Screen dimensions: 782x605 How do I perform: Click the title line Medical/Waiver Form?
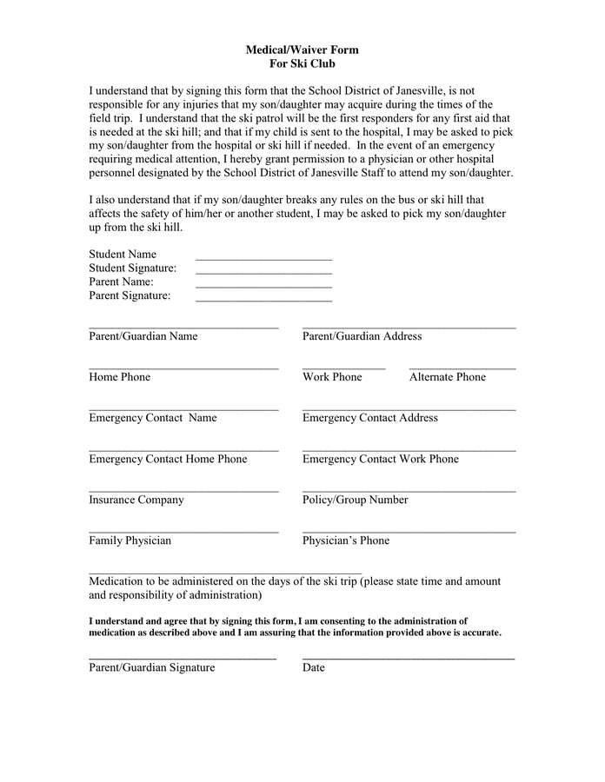(302, 50)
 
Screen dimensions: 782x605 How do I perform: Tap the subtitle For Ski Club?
(302, 64)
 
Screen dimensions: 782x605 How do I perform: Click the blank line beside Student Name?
(263, 258)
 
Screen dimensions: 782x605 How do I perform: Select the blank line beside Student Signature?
(263, 272)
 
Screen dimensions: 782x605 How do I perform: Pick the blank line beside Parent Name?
(263, 286)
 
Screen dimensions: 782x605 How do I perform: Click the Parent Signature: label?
(130, 295)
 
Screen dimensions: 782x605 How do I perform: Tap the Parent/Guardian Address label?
(362, 336)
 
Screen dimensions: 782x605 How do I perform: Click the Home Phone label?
(119, 377)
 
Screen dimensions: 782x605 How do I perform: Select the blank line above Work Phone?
(343, 368)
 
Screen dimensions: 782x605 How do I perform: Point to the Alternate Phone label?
(447, 377)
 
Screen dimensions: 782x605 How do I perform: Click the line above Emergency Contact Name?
(183, 409)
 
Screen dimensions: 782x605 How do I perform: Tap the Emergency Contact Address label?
(369, 418)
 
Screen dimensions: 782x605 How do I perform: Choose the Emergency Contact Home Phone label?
(168, 459)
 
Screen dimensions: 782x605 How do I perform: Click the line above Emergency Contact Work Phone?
(409, 450)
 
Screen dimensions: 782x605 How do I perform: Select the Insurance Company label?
(136, 500)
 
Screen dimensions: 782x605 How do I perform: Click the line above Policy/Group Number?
(409, 491)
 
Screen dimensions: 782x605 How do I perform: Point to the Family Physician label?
(130, 540)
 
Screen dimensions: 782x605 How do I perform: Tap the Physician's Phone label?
(345, 540)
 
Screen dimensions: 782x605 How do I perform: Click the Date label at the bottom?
(313, 667)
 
